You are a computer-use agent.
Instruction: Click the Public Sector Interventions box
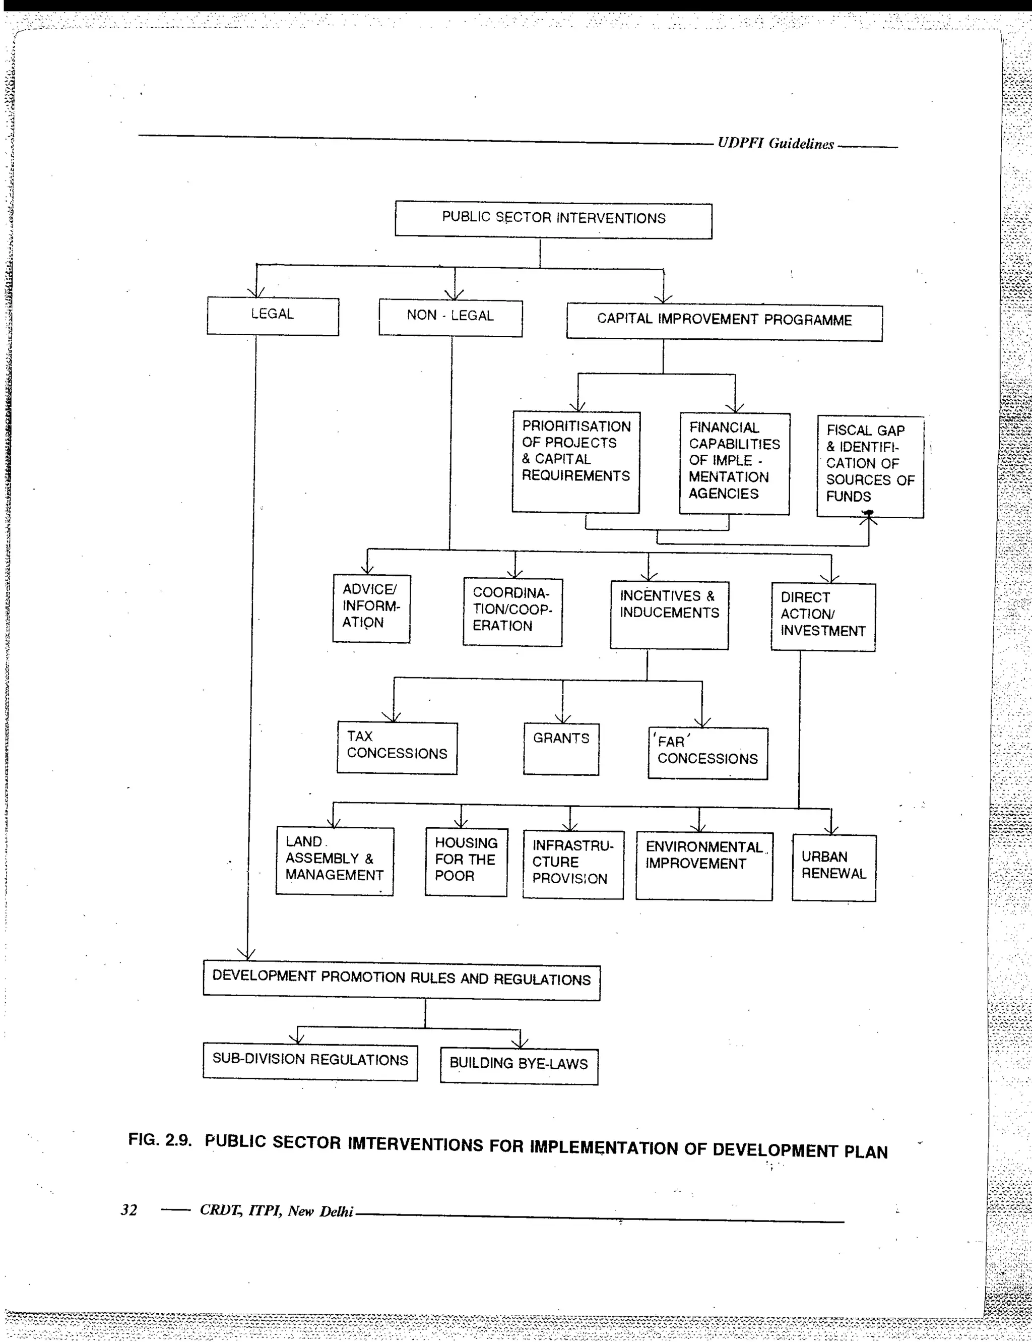553,219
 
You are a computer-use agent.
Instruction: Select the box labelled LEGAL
272,315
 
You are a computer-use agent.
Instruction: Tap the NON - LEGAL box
450,317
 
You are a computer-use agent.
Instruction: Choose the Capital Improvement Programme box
724,321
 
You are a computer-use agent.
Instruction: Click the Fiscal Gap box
870,466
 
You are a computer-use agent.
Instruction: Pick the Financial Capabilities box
734,463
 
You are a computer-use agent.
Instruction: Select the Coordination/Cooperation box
512,611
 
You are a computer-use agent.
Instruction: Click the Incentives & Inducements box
669,614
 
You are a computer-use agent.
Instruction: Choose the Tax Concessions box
397,747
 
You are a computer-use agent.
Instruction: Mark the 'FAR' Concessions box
707,753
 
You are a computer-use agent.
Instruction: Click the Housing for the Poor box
466,861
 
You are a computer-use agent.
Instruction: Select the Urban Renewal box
833,867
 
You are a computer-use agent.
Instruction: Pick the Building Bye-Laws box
519,1065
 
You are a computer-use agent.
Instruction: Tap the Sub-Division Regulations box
310,1061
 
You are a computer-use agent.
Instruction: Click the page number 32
129,1210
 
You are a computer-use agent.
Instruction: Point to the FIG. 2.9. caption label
159,1140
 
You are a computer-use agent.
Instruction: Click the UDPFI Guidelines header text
775,144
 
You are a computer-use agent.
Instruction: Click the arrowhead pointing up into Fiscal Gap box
869,520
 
